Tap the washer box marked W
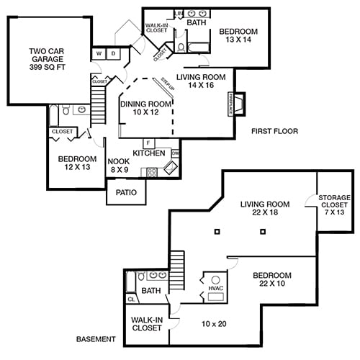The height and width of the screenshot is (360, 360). (x=99, y=53)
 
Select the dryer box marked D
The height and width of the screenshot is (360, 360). (x=114, y=53)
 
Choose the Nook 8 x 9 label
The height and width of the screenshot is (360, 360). (x=118, y=166)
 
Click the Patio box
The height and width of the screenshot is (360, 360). (x=126, y=192)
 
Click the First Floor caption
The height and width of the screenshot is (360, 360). (x=274, y=131)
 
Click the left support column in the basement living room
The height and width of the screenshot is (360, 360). (x=217, y=231)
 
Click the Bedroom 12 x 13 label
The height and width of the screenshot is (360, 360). (x=77, y=163)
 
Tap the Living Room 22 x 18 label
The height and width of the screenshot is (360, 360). (x=264, y=209)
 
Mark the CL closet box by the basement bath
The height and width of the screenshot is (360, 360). (x=131, y=299)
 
